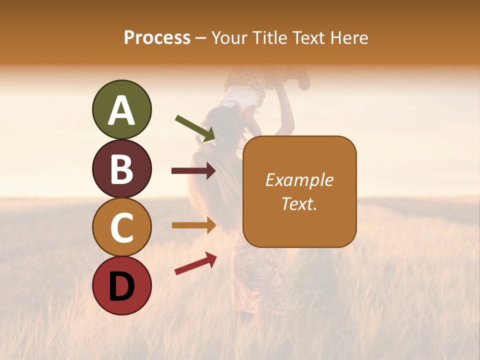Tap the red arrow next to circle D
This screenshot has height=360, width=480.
click(x=195, y=263)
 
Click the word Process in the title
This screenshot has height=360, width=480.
click(x=157, y=37)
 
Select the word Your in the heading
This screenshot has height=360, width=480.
click(x=229, y=37)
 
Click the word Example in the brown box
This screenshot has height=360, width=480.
click(x=299, y=180)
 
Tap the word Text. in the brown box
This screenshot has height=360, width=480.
click(x=299, y=203)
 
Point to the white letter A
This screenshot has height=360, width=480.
click(x=121, y=111)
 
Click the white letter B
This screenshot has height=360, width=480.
click(x=121, y=170)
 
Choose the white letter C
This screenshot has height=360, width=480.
click(x=121, y=228)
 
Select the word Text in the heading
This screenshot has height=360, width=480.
click(x=308, y=37)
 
